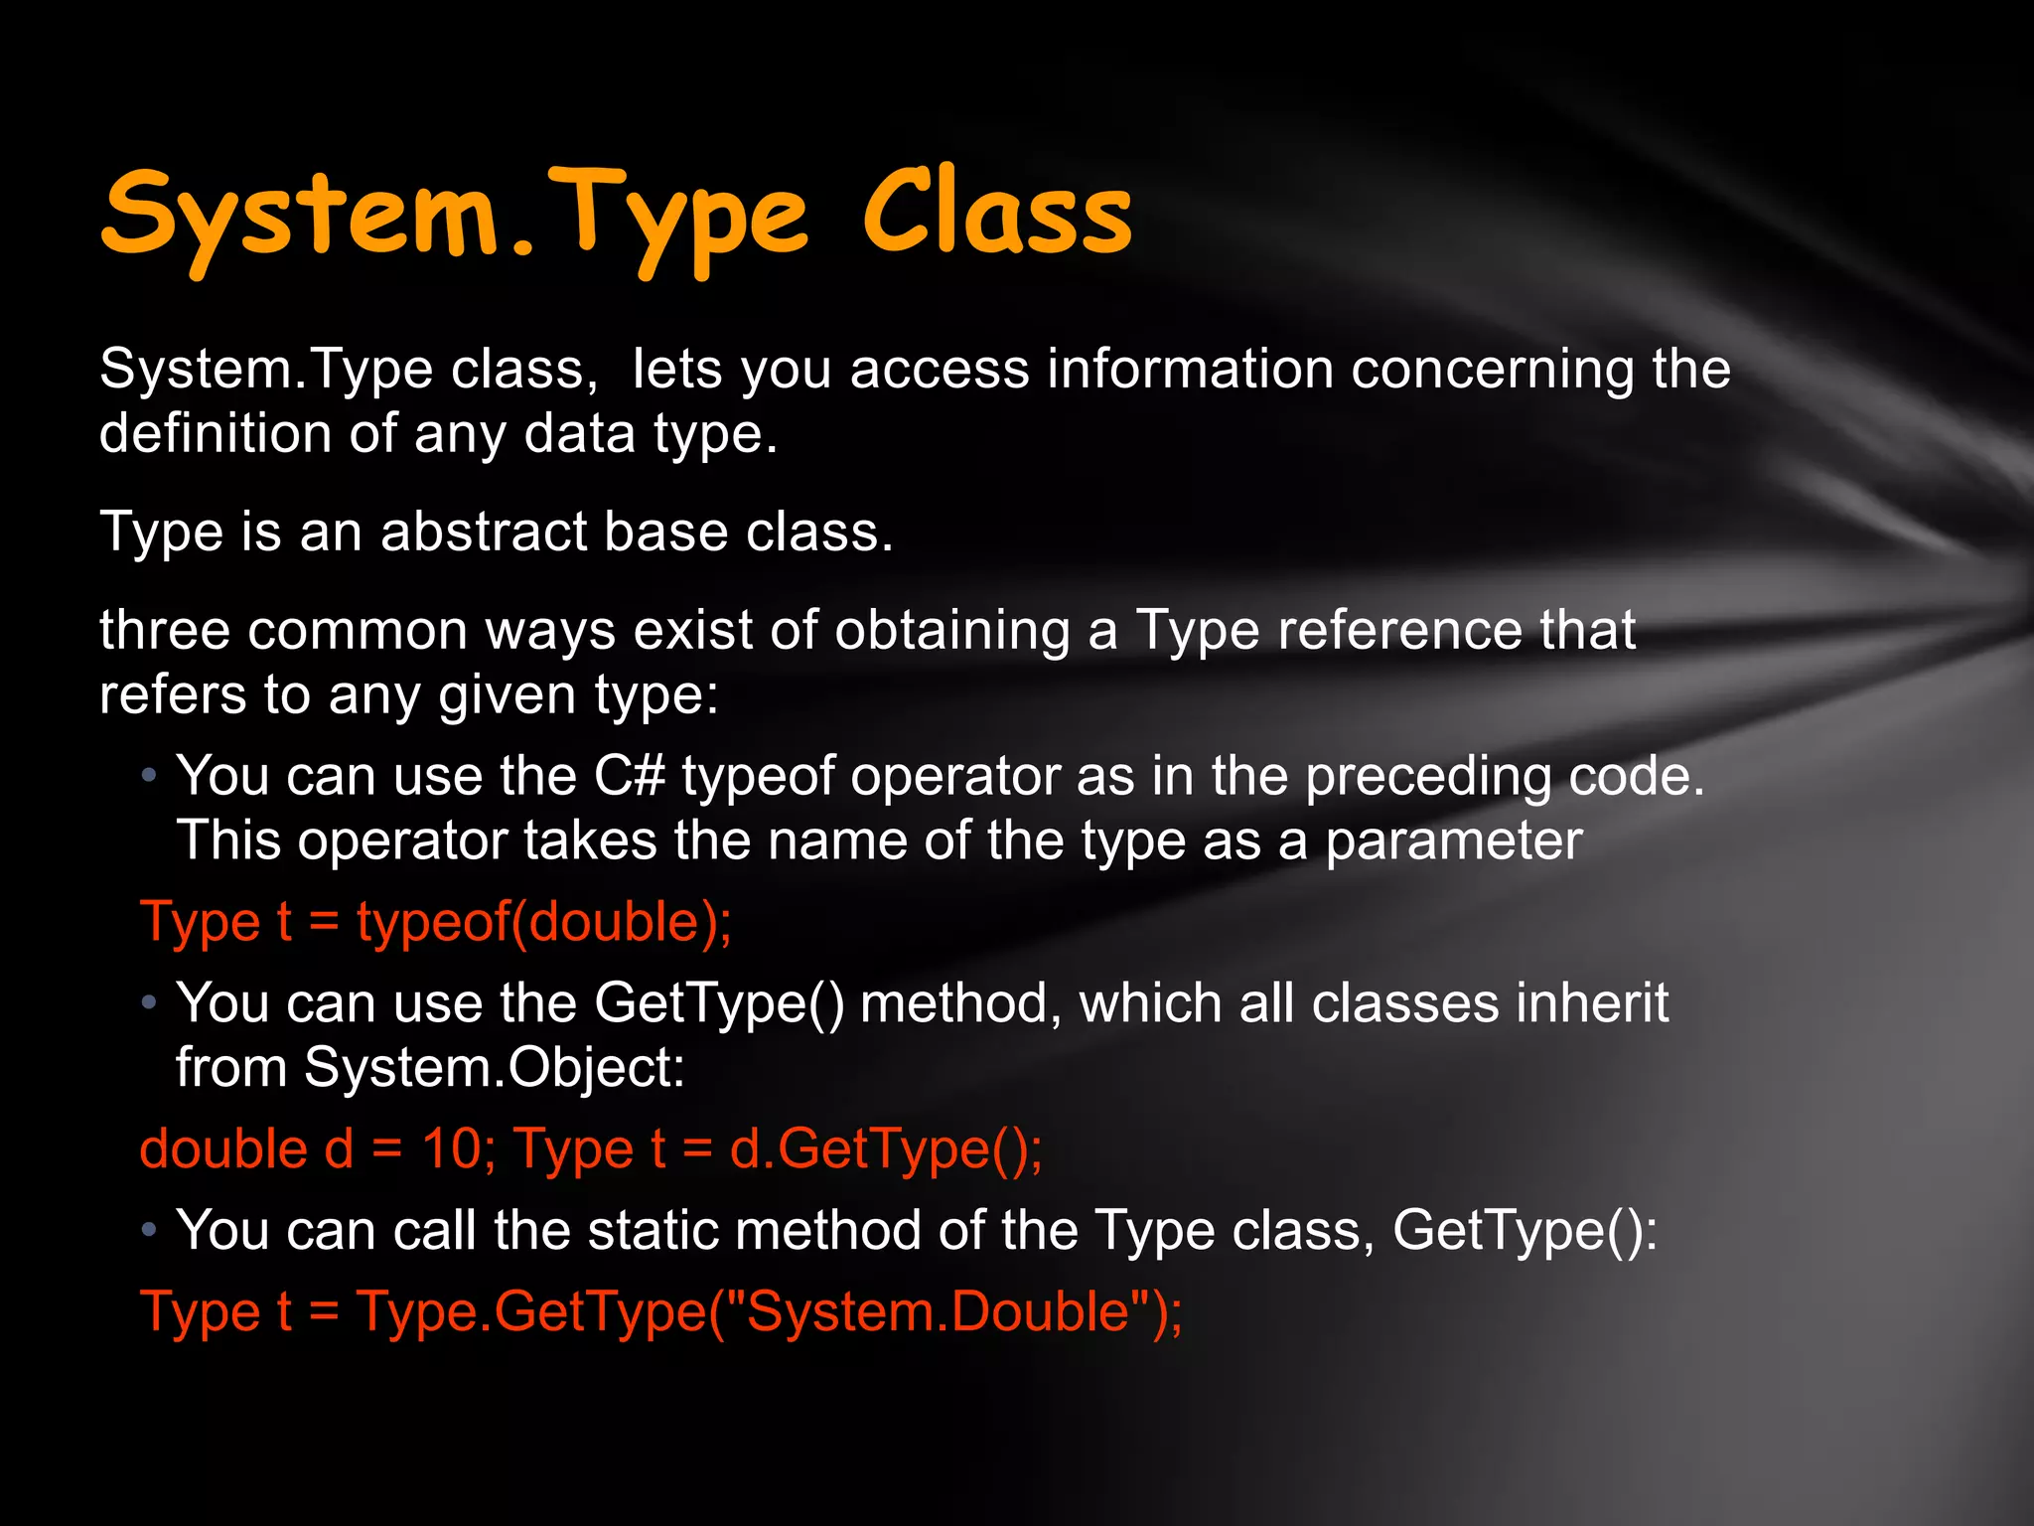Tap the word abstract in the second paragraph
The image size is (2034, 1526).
coord(484,532)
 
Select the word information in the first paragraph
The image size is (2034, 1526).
coord(1190,370)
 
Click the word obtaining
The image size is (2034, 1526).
coord(952,632)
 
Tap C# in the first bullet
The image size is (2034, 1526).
coord(630,775)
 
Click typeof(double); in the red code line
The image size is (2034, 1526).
coord(544,922)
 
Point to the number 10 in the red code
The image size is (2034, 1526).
coord(451,1149)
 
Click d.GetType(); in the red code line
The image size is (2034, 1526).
coord(886,1150)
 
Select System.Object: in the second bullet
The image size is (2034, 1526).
coord(495,1068)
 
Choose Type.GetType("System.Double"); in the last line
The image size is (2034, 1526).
coord(770,1311)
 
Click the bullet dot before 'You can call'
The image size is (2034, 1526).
coord(149,1231)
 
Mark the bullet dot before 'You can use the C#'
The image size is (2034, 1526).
coord(149,776)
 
